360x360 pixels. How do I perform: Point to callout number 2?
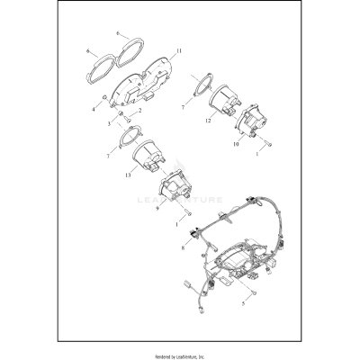[x=140, y=110]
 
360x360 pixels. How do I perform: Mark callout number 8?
[x=184, y=245]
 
